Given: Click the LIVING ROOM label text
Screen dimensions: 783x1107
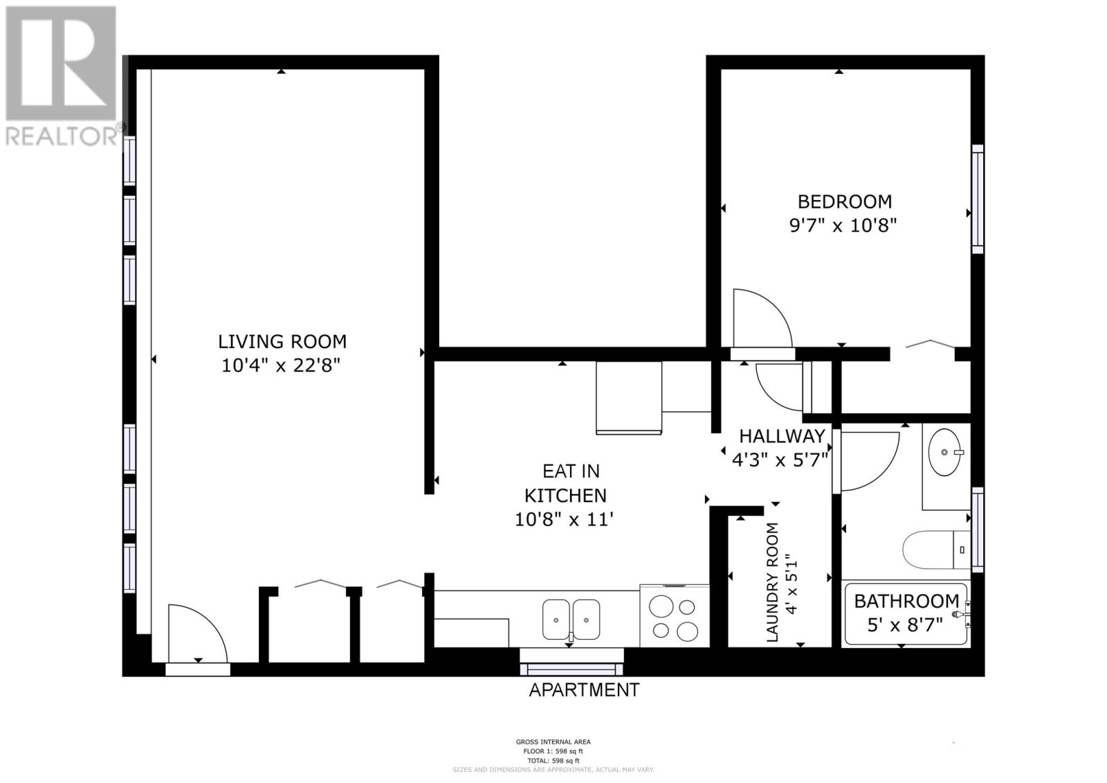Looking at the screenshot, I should [x=282, y=341].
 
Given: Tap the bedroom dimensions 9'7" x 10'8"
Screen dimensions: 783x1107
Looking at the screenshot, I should [x=843, y=226].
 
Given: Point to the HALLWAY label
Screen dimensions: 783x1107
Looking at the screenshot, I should [x=782, y=436].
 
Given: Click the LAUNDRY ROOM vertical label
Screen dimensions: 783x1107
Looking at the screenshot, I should [x=773, y=582].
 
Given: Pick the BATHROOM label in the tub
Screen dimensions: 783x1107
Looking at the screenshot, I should [x=906, y=601].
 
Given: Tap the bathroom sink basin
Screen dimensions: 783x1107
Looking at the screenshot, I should [x=945, y=452].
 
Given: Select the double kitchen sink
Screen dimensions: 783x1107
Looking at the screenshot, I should [x=571, y=619].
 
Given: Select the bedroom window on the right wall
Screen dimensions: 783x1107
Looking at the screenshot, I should [x=977, y=199].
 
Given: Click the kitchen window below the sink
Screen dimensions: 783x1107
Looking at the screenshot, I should [x=571, y=668].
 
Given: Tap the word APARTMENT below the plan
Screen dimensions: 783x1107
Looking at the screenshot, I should [x=584, y=690].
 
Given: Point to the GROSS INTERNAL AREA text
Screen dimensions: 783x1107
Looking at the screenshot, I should [x=553, y=742].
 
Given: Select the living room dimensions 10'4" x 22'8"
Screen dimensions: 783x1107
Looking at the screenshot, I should [x=282, y=366].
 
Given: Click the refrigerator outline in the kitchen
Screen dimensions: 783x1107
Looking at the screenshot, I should [x=628, y=397].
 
